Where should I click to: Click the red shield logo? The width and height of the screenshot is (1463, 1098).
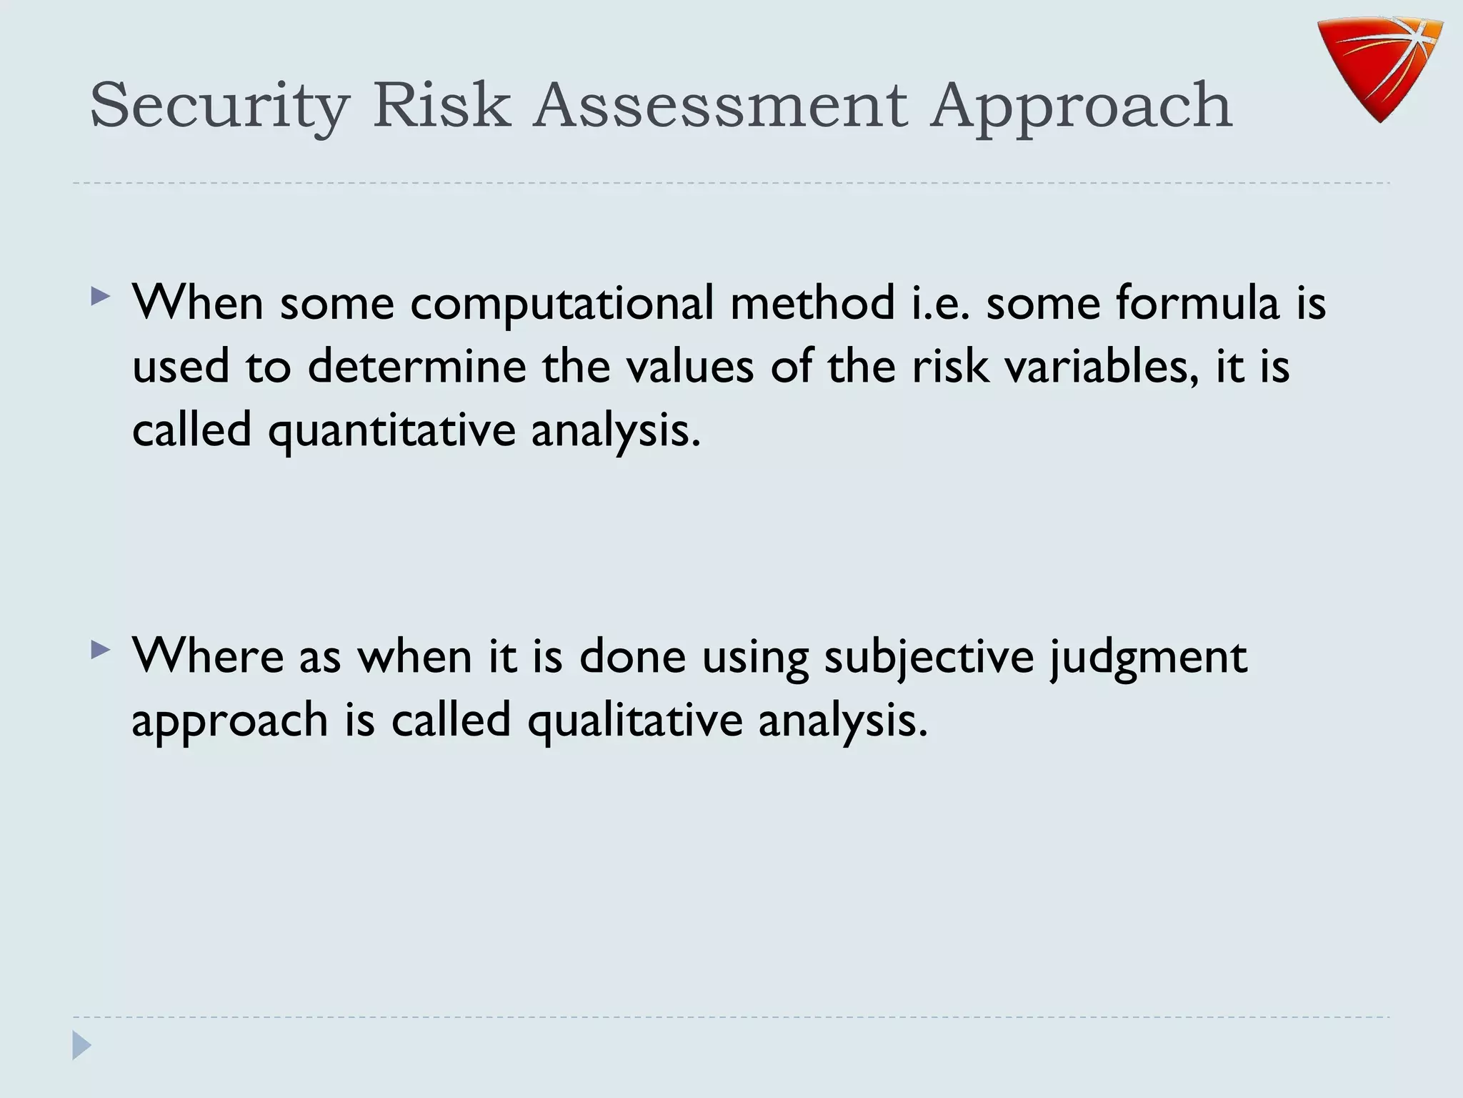click(1380, 68)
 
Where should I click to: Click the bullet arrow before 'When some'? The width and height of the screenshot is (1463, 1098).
click(101, 296)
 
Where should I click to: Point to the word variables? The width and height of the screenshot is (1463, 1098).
click(1101, 366)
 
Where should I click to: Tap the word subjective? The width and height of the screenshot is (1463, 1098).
click(929, 657)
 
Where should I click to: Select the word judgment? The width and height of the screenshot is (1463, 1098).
click(1148, 657)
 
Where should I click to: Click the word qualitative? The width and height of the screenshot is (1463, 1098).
click(635, 721)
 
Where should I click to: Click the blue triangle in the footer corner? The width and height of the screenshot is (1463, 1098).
click(81, 1045)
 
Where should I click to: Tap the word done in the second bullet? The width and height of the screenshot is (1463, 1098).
click(632, 656)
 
